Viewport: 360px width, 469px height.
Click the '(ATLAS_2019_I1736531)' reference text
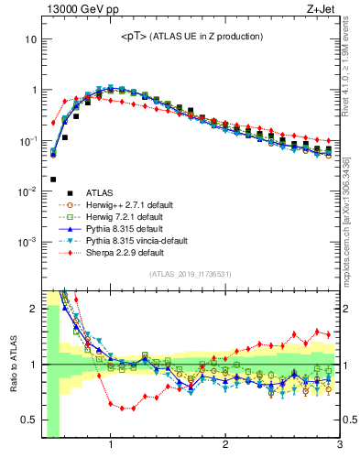(191, 274)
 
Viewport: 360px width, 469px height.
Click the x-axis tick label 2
(225, 446)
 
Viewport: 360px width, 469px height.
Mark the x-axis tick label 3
(339, 446)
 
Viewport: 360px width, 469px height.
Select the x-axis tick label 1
(111, 446)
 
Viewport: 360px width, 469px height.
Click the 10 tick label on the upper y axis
(30, 40)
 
